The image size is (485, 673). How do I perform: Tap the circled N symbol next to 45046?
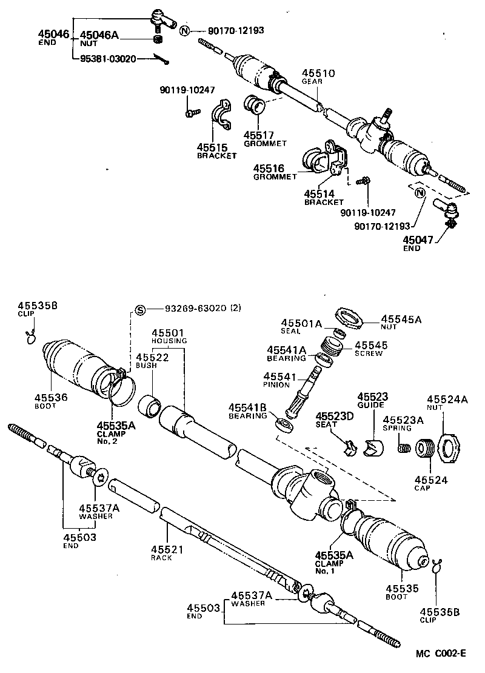(186, 31)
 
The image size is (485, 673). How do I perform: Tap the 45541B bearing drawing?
(282, 423)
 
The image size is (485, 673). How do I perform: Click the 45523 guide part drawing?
(373, 447)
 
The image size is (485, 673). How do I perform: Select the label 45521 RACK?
(163, 552)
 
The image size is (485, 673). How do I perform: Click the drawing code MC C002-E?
(441, 653)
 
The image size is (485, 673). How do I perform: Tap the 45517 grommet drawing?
(255, 106)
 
